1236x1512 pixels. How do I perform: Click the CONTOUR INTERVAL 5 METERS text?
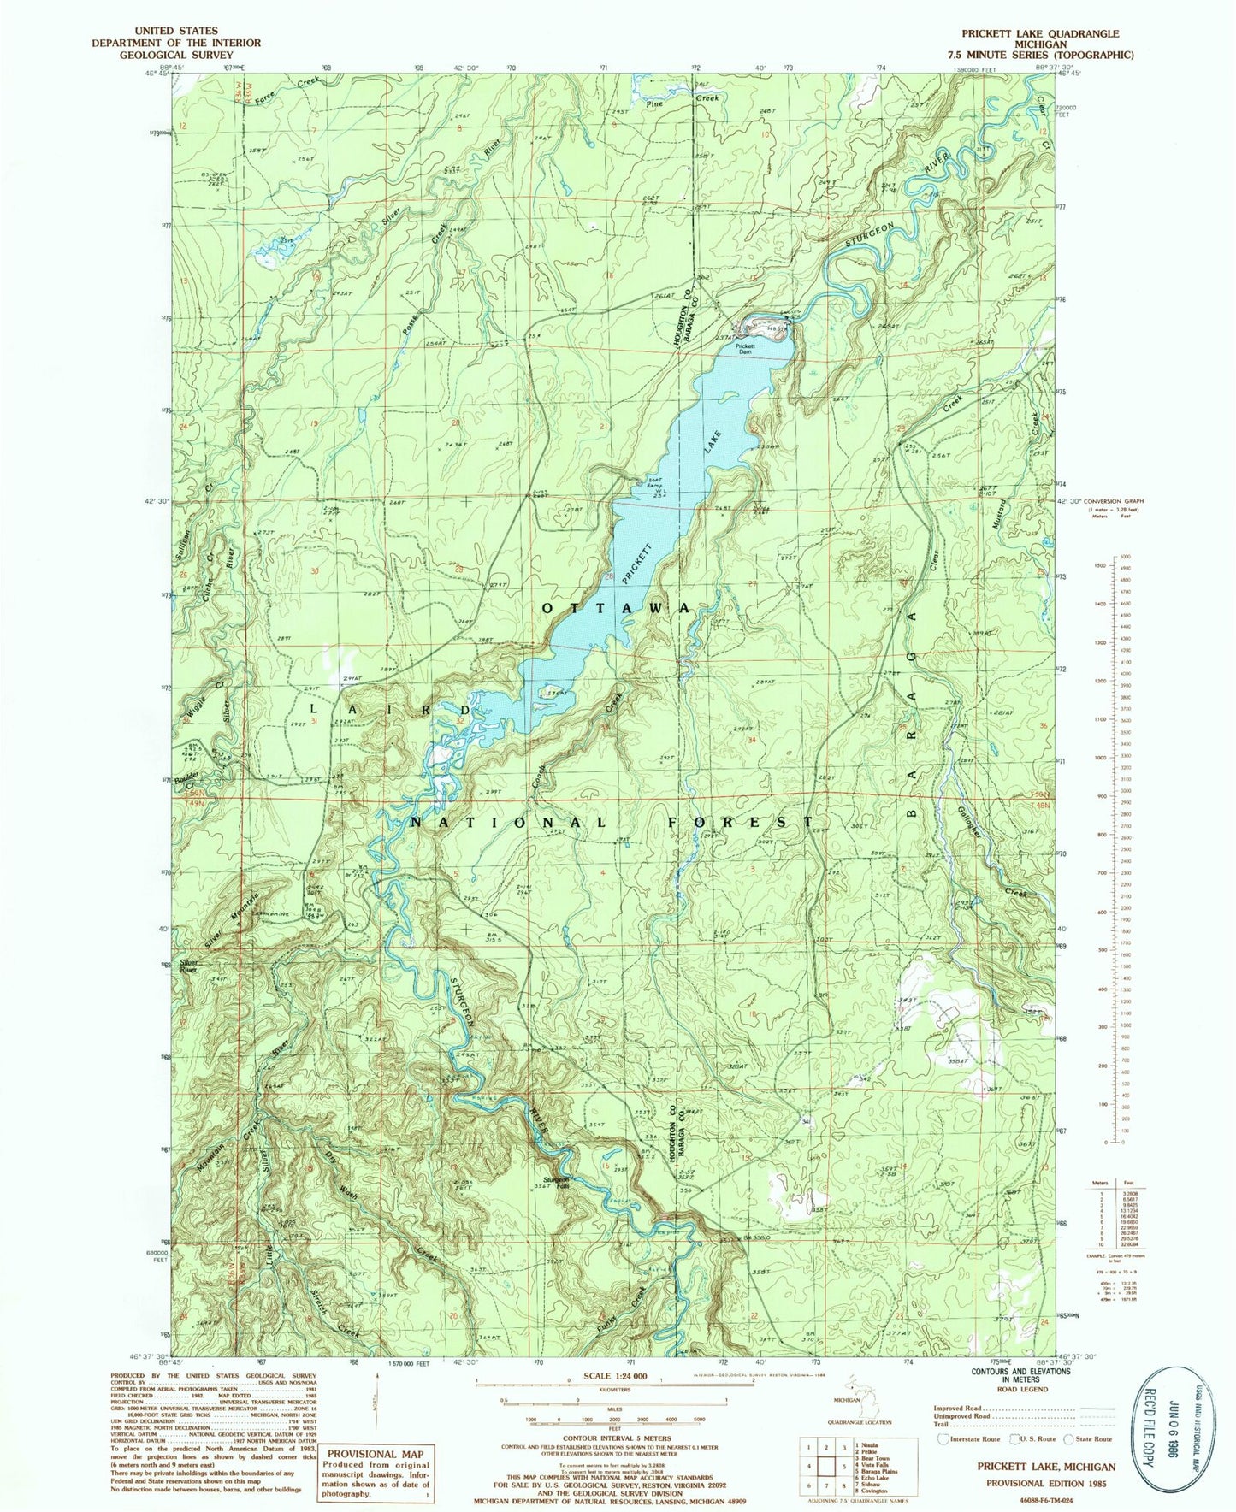point(616,1440)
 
